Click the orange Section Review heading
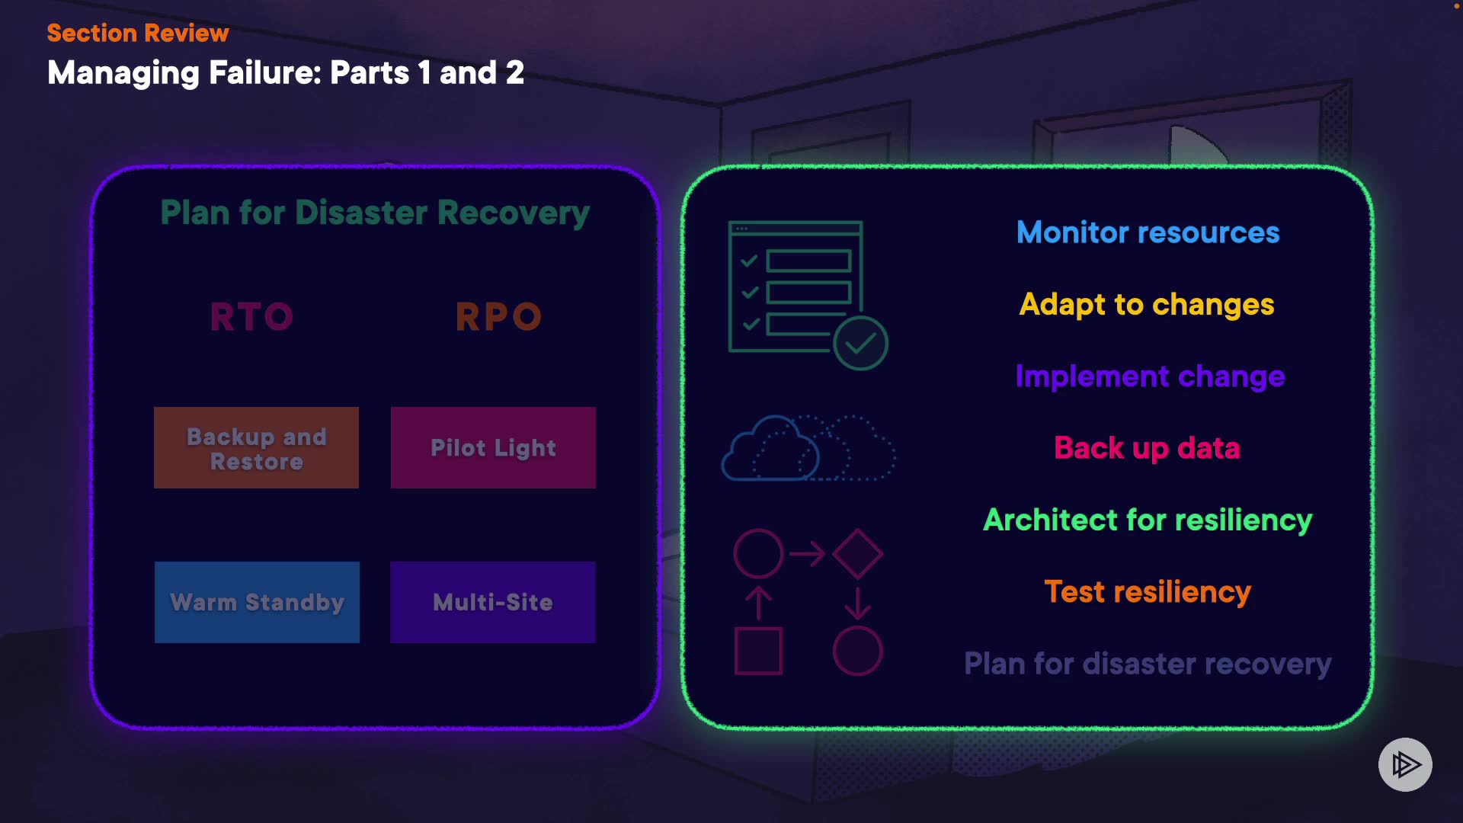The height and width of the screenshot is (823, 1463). (138, 33)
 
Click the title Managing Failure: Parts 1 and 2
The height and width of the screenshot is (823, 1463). (286, 73)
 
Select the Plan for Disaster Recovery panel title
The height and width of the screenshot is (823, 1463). (375, 213)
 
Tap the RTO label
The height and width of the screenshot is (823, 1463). (252, 316)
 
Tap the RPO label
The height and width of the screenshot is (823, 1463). (499, 316)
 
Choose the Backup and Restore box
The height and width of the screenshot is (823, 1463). (257, 447)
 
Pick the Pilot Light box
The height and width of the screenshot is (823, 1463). (493, 447)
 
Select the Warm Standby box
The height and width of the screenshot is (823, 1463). (257, 602)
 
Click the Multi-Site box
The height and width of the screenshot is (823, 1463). (493, 602)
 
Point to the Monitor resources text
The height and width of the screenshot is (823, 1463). (1148, 232)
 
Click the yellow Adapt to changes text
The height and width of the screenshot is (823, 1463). (1147, 305)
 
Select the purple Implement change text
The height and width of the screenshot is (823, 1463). (1150, 376)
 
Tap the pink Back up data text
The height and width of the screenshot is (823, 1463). (1147, 448)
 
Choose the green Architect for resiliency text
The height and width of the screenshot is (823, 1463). (1148, 520)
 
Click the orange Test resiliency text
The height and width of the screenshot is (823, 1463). (1148, 592)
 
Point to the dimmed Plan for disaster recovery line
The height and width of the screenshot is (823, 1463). (1148, 664)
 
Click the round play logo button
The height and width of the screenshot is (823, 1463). (1405, 764)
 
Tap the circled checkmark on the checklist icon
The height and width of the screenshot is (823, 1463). (860, 344)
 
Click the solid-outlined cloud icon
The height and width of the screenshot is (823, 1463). (770, 449)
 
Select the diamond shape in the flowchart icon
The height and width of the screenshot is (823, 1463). (858, 554)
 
